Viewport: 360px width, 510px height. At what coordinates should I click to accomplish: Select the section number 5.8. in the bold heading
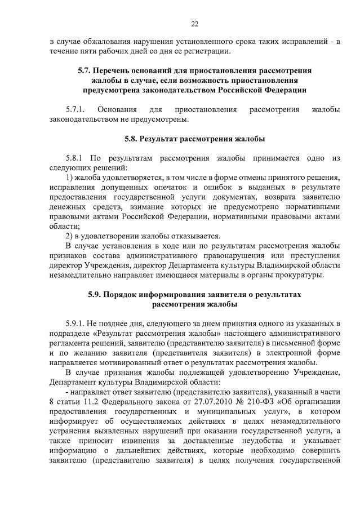[131, 138]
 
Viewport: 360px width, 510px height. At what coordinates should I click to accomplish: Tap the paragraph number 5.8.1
[75, 158]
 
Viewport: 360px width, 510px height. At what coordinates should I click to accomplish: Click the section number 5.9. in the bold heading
[96, 295]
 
